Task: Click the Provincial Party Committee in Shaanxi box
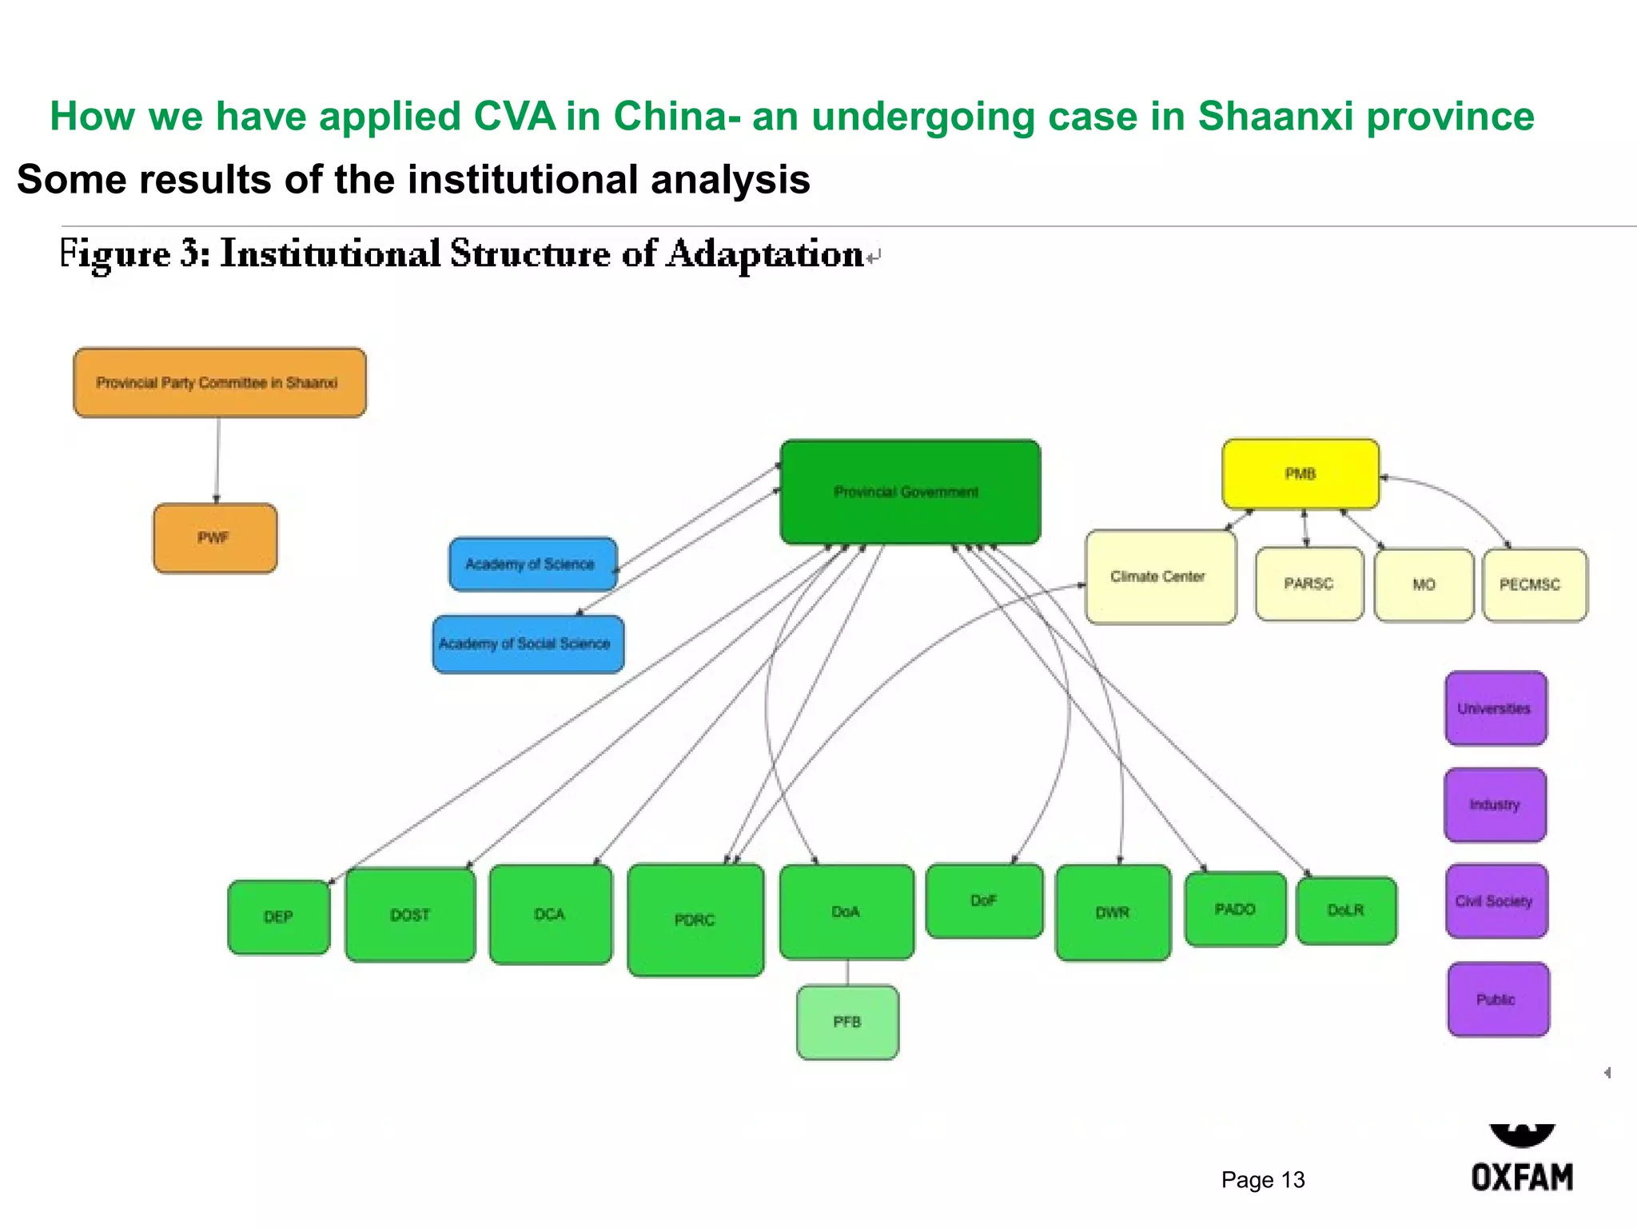(x=220, y=382)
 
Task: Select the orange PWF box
(x=215, y=538)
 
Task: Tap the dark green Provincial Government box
(x=910, y=492)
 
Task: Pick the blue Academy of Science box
(x=532, y=564)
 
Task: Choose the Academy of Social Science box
(x=528, y=644)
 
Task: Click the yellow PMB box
(x=1300, y=474)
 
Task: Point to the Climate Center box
(x=1160, y=576)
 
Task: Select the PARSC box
(x=1308, y=584)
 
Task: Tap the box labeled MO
(x=1424, y=584)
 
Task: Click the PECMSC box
(x=1534, y=584)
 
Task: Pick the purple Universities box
(x=1495, y=708)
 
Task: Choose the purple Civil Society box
(x=1496, y=901)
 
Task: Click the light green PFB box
(x=847, y=1023)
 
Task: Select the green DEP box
(x=278, y=917)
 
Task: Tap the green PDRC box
(x=695, y=920)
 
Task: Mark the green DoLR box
(x=1346, y=911)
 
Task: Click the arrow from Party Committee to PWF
(x=217, y=460)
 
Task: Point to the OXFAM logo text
(x=1522, y=1177)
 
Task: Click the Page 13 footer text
(x=1262, y=1179)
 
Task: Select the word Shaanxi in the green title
(x=1275, y=116)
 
